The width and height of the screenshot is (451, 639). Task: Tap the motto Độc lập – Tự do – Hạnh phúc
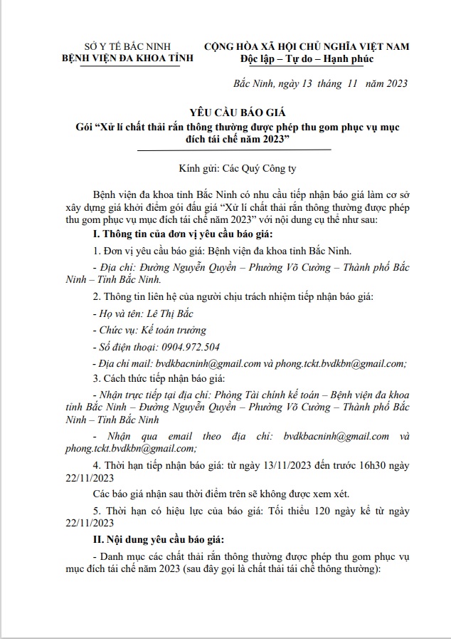307,58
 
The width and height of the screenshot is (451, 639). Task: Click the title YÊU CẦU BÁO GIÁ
234,113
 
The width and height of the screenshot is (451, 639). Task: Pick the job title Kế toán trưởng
174,330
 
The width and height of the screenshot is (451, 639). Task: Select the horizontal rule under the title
234,150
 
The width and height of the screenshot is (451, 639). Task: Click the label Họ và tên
117,313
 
